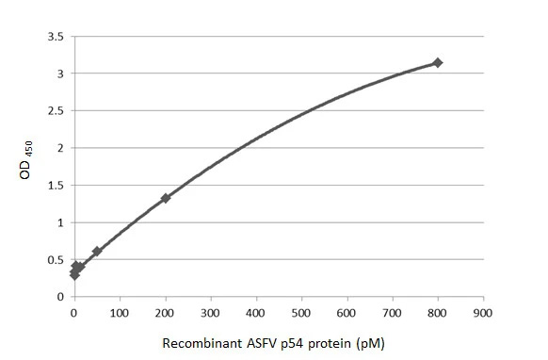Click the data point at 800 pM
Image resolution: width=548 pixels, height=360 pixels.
coord(437,62)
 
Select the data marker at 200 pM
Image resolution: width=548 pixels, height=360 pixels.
coord(166,198)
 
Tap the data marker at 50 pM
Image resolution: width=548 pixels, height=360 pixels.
coord(97,252)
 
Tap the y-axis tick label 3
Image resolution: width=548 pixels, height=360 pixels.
coord(61,74)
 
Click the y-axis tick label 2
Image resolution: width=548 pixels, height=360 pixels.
coord(61,148)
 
